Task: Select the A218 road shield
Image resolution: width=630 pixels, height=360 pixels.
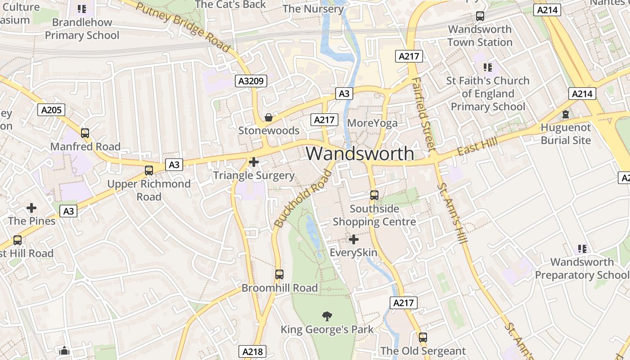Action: point(252,351)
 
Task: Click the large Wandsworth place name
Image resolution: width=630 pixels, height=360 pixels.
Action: point(360,153)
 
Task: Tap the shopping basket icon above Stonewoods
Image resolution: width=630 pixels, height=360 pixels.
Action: point(269,117)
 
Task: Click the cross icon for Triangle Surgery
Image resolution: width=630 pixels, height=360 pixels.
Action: point(254,162)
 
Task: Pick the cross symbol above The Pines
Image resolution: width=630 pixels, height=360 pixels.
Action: point(31,208)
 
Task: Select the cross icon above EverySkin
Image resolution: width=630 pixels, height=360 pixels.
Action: point(354,239)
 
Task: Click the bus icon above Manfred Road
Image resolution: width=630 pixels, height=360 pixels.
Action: point(85,133)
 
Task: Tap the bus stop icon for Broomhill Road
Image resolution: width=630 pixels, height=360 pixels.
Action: point(279,274)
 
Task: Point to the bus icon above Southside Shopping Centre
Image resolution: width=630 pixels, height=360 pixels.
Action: point(374,195)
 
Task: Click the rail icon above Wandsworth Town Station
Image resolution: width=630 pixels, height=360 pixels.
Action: point(480,16)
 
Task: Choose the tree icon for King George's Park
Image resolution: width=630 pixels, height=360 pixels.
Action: point(327,316)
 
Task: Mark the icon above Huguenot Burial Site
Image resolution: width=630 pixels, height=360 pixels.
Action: point(566,114)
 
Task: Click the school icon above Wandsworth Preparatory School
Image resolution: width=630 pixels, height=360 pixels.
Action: point(582,248)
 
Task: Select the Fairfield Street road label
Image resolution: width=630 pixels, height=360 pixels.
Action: point(423,114)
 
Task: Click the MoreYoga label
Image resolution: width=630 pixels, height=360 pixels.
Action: point(373,123)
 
